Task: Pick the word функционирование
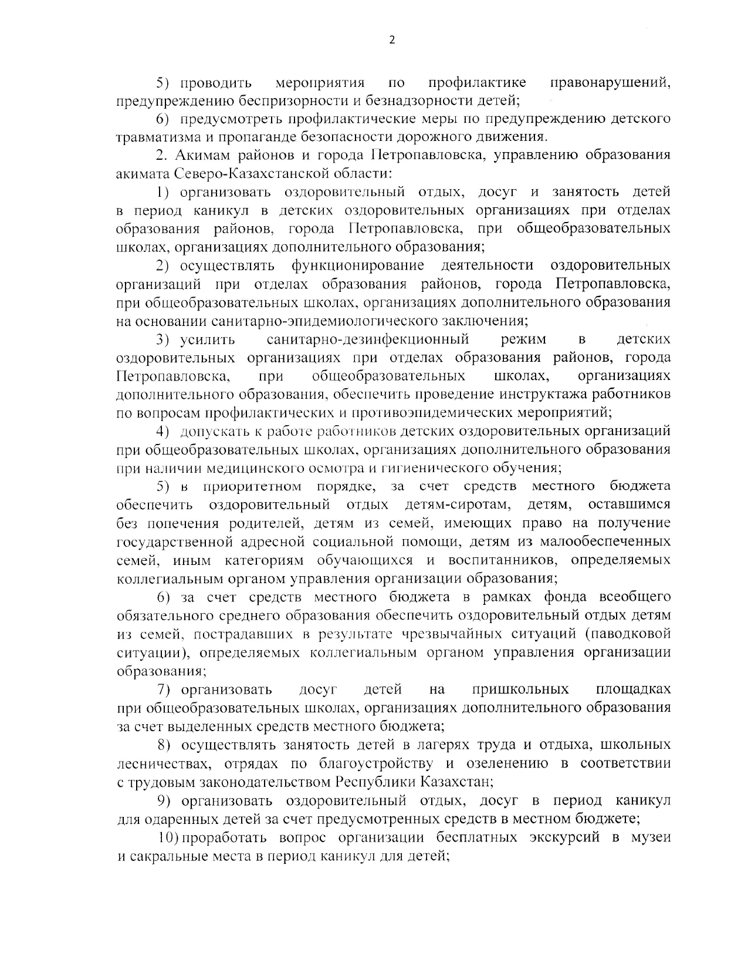(358, 265)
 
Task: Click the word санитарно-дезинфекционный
(368, 339)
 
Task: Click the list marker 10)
(170, 837)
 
